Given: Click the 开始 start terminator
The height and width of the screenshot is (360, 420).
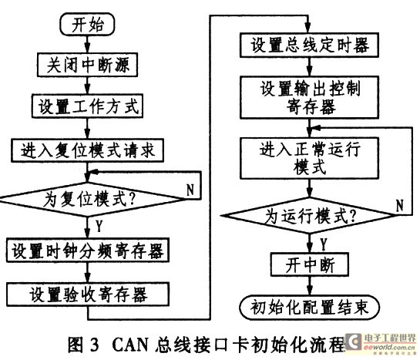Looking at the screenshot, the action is (87, 24).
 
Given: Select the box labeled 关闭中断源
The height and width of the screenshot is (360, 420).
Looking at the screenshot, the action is (87, 65).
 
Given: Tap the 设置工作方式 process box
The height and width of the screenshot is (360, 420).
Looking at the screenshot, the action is (87, 106).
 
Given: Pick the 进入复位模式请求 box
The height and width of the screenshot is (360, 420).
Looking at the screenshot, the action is (87, 150).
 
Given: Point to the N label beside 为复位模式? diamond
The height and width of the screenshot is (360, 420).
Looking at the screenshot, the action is (190, 190).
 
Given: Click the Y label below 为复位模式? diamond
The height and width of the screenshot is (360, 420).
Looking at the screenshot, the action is (99, 227).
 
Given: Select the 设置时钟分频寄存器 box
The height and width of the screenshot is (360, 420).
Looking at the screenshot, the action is (88, 250).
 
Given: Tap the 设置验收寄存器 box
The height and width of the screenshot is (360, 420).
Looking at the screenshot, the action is (88, 294).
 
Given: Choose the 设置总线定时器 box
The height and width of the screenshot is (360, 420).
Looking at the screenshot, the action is (309, 45).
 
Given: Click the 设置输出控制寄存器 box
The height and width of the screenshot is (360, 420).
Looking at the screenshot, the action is (309, 97).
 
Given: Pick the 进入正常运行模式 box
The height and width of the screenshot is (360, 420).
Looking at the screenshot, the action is (309, 158).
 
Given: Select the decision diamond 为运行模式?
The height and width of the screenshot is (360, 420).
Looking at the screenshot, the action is (309, 216).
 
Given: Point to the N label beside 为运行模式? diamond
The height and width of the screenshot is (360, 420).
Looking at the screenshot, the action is (400, 206).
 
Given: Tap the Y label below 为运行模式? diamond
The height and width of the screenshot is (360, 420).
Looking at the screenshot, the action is (324, 244).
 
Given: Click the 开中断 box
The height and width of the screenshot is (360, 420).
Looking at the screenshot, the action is (310, 264).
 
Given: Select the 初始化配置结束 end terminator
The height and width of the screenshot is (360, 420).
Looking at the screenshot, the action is (309, 308).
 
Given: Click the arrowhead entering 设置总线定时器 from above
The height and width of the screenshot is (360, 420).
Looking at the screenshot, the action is (308, 29).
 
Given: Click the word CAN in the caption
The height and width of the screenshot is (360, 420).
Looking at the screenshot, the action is (130, 345).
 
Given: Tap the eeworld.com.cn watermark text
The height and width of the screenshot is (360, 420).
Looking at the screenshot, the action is (389, 348).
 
